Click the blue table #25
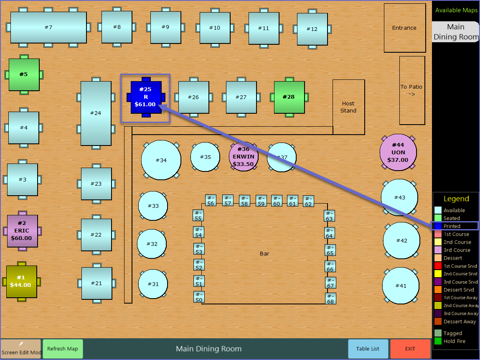pyautogui.click(x=146, y=97)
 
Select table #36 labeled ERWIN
pyautogui.click(x=243, y=156)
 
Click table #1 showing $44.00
pyautogui.click(x=21, y=281)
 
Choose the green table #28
pyautogui.click(x=289, y=97)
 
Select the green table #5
pyautogui.click(x=24, y=74)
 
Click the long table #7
pyautogui.click(x=48, y=28)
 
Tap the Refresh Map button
pyautogui.click(x=63, y=349)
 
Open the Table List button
pyautogui.click(x=368, y=349)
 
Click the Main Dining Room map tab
pyautogui.click(x=455, y=32)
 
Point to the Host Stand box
pyautogui.click(x=348, y=107)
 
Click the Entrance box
pyautogui.click(x=404, y=28)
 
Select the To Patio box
pyautogui.click(x=412, y=90)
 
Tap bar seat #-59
pyautogui.click(x=261, y=201)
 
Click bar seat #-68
pyautogui.click(x=330, y=299)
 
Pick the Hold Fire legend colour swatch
pyautogui.click(x=438, y=341)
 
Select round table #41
pyautogui.click(x=401, y=286)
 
